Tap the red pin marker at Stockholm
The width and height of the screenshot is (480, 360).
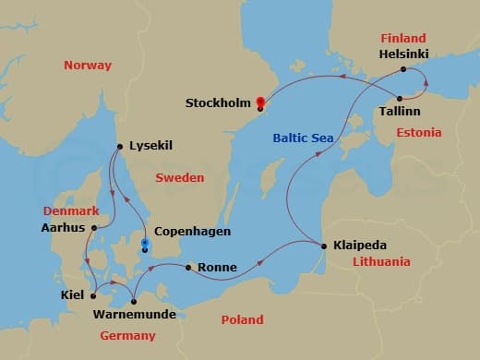pos(261,102)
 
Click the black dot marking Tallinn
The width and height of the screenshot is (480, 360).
pos(400,98)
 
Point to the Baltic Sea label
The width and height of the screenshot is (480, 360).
pos(304,138)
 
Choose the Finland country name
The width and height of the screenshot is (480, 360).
pos(403,38)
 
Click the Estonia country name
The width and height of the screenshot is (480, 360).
pos(419,133)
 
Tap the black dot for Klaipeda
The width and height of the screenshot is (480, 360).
pos(323,246)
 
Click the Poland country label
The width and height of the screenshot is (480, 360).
pos(242,319)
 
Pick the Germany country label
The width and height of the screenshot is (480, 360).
pos(127,335)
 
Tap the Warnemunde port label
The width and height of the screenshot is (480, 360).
pos(134,316)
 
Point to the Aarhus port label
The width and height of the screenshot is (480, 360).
pos(64,228)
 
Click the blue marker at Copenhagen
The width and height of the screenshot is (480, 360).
pos(144,246)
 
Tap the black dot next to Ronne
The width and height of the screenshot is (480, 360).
pos(188,269)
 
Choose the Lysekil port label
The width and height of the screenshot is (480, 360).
pos(151,145)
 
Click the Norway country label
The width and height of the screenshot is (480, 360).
pos(87,66)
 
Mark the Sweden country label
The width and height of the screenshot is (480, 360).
pos(180,176)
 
